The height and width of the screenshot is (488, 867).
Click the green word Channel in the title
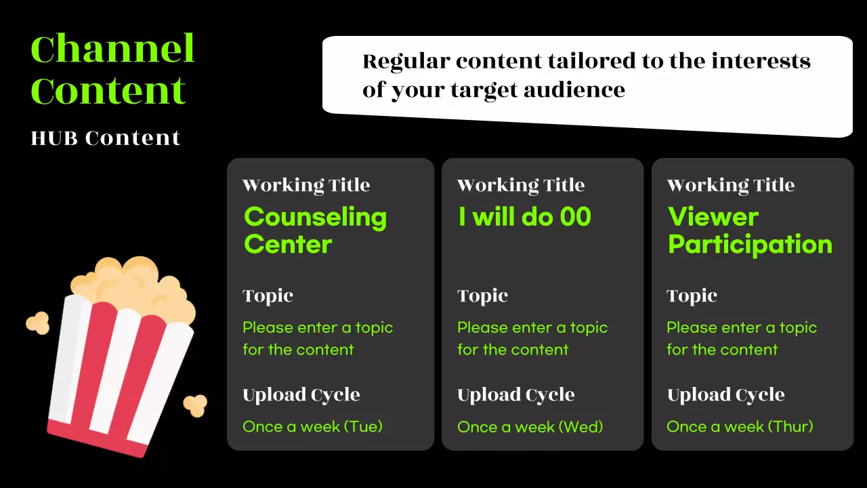[x=112, y=49]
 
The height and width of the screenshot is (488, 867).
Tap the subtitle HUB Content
[x=106, y=138]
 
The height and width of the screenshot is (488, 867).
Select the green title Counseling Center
[x=315, y=230]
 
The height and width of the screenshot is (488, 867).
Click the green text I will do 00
[x=524, y=217]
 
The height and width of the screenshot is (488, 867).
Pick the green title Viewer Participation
[x=750, y=230]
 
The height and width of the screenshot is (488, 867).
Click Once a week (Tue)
[x=312, y=426]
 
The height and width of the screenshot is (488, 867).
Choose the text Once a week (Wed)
[x=530, y=426]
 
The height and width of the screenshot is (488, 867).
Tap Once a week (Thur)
[x=740, y=426]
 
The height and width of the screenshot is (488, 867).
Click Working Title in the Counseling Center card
[x=306, y=185]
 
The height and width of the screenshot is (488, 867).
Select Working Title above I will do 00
[x=520, y=185]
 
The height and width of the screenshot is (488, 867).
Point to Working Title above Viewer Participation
[x=730, y=185]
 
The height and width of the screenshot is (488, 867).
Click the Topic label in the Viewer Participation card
[x=692, y=296]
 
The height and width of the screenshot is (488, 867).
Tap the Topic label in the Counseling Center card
[x=268, y=296]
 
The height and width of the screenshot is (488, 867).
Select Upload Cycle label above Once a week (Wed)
[x=515, y=394]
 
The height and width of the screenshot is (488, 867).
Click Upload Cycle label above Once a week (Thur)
[x=725, y=394]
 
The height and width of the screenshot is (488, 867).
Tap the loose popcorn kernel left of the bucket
[x=37, y=323]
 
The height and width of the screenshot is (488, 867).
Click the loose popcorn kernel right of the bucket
[x=195, y=405]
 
